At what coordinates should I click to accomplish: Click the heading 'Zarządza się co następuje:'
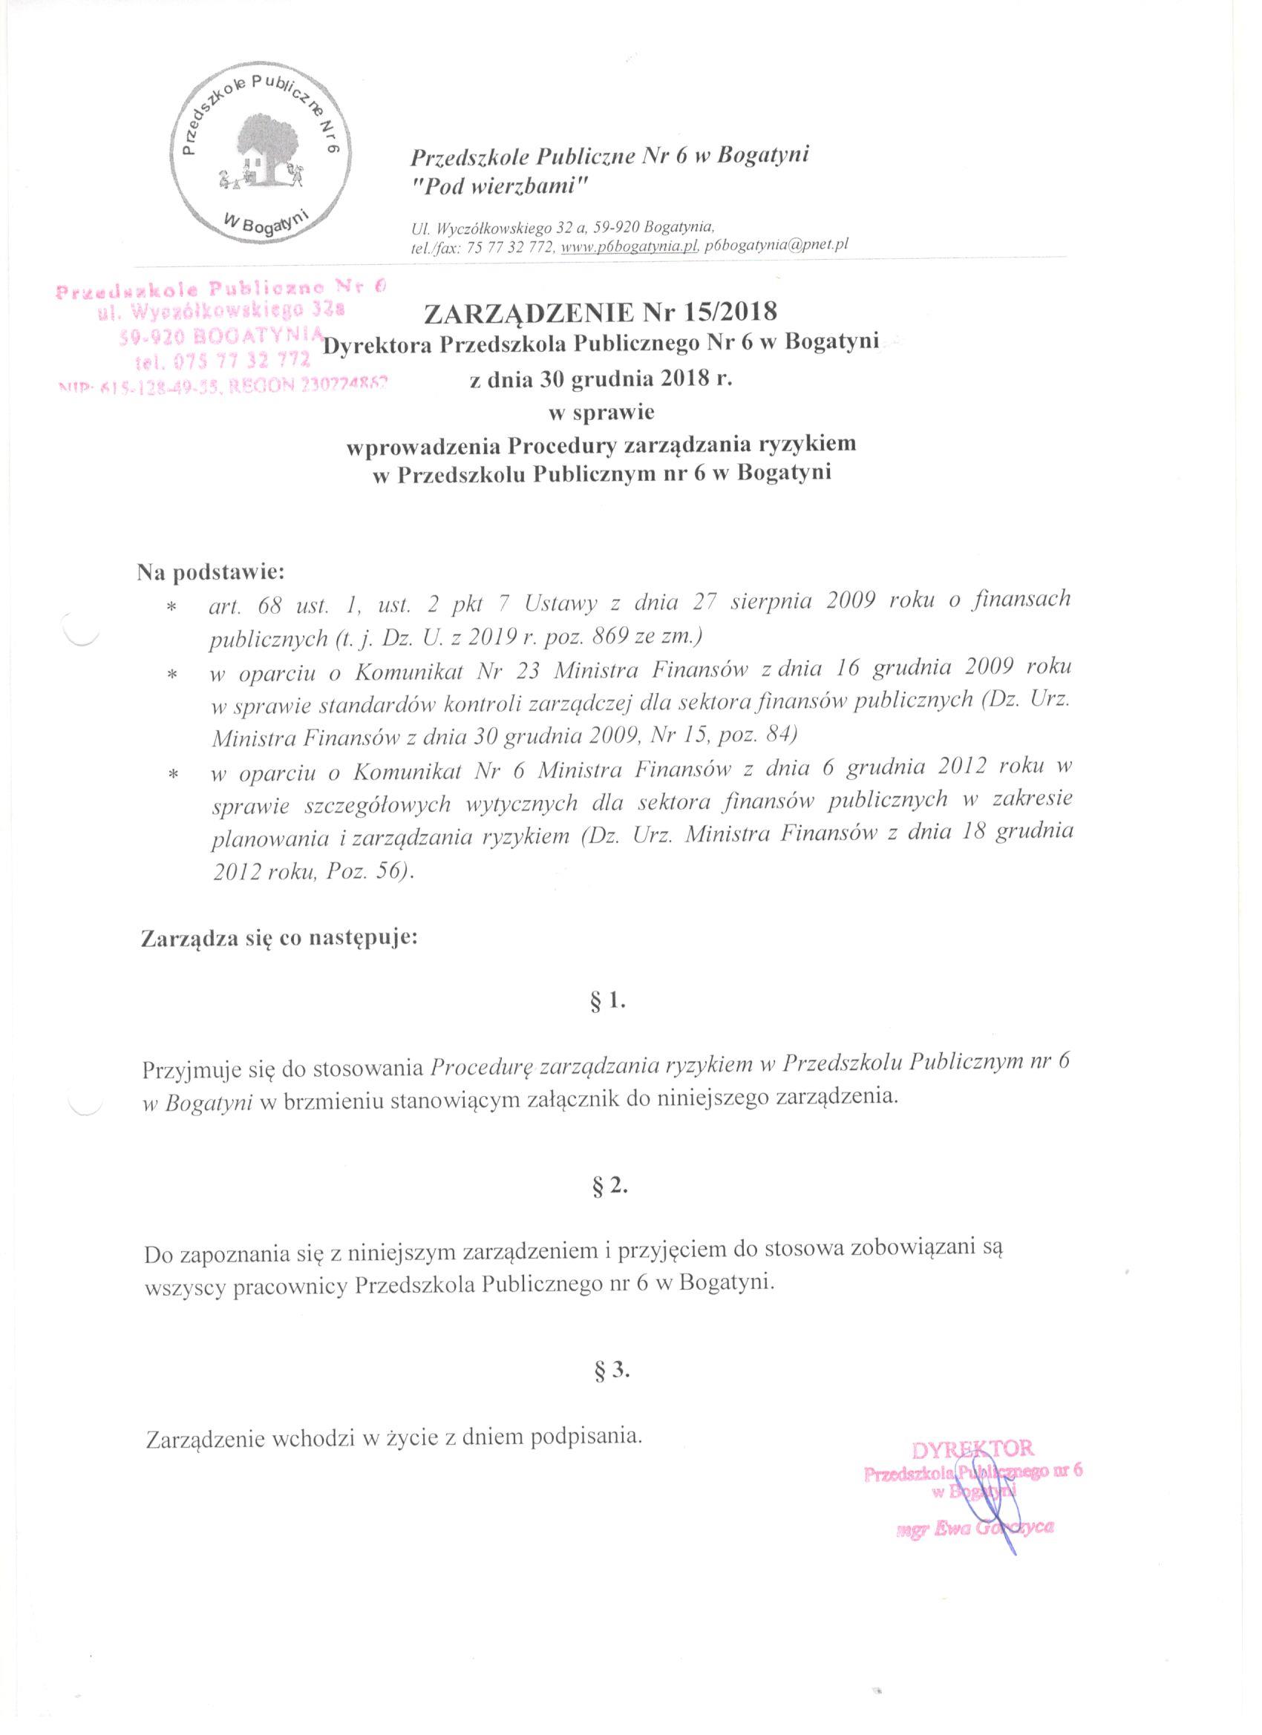point(280,937)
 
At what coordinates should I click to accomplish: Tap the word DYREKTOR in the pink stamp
point(972,1448)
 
